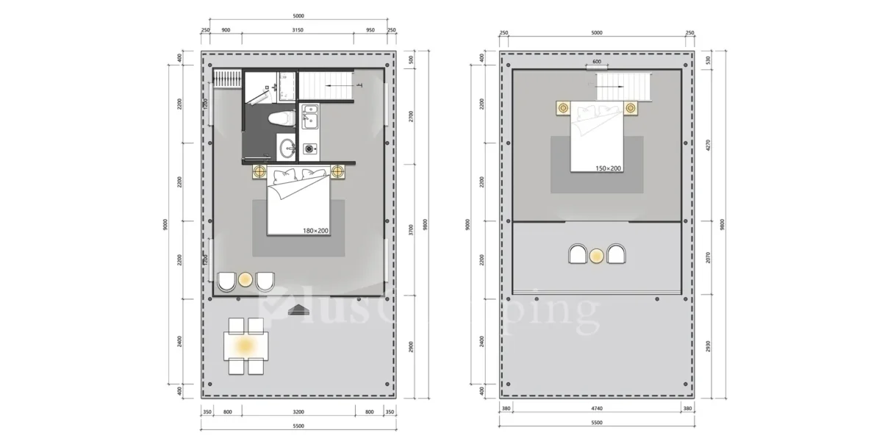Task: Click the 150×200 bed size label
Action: click(608, 168)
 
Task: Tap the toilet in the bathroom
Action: click(281, 118)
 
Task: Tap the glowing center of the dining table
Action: click(245, 344)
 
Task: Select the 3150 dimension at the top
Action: click(298, 30)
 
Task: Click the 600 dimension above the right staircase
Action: click(597, 62)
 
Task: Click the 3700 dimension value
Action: click(411, 229)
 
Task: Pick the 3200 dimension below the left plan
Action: click(298, 412)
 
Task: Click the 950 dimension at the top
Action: click(370, 30)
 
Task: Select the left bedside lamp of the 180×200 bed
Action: click(259, 172)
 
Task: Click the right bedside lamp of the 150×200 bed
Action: click(630, 108)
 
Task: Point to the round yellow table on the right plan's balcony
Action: click(597, 255)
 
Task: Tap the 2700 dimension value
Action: click(411, 115)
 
